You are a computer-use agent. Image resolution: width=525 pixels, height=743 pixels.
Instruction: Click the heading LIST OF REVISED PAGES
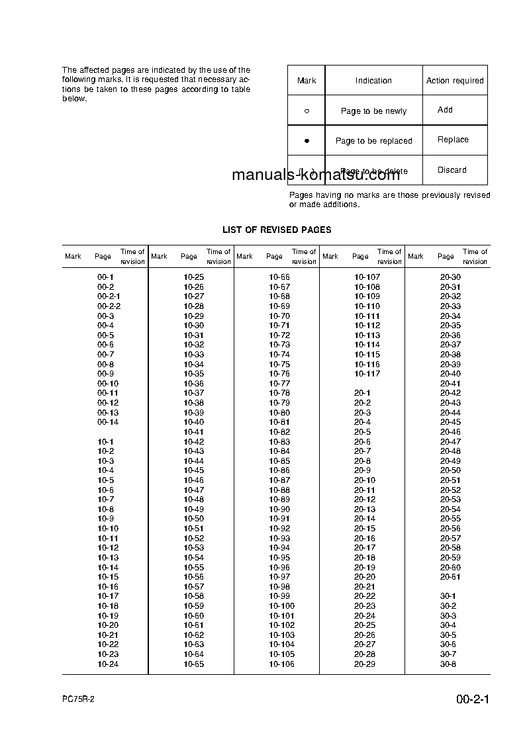[277, 230]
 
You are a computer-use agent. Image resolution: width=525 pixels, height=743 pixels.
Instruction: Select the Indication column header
[373, 81]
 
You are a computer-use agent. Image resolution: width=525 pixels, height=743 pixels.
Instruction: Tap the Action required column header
[455, 81]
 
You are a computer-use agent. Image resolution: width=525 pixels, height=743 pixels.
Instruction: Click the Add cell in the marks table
[445, 110]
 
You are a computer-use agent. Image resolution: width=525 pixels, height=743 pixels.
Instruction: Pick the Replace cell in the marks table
[453, 140]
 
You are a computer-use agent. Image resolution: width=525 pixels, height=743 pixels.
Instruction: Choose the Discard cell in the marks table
[452, 170]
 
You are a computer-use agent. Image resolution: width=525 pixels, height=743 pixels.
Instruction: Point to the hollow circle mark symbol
[307, 111]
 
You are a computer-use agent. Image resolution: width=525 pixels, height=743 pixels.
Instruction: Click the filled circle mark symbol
[307, 141]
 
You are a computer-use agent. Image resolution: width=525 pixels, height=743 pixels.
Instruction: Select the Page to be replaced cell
[373, 141]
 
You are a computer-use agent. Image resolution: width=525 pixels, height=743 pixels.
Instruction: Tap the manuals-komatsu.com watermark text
[316, 175]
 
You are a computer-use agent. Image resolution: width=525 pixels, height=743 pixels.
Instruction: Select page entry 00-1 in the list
[106, 277]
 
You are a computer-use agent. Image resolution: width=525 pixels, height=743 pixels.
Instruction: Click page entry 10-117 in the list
[367, 374]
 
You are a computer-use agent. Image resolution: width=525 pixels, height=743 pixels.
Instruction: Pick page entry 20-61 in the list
[450, 577]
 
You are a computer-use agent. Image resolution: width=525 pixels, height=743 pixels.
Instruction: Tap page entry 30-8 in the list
[448, 664]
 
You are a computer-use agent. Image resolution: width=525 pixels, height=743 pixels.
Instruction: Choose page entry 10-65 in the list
[193, 664]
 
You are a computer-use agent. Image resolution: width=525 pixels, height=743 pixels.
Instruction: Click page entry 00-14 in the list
[108, 422]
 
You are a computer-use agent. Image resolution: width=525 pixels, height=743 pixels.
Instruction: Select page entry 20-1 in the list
[362, 393]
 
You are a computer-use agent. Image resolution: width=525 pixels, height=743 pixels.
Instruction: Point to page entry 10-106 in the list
[281, 664]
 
